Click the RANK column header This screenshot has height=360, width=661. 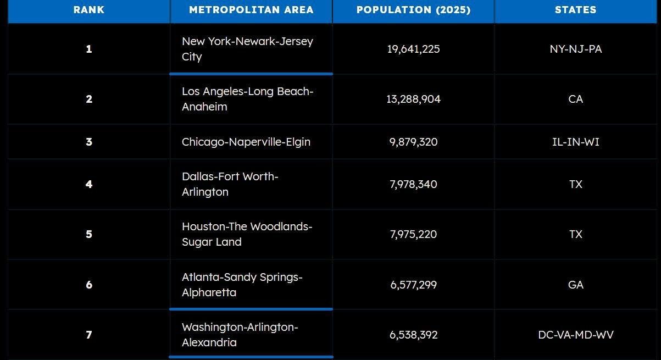tap(89, 10)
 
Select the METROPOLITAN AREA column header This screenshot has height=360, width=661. tap(251, 10)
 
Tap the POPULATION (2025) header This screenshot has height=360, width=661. tap(413, 10)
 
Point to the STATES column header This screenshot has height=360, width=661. tap(575, 10)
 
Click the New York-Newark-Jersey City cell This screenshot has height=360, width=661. tap(247, 49)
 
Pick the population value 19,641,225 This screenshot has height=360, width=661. tap(413, 49)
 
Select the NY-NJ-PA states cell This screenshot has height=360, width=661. tap(575, 49)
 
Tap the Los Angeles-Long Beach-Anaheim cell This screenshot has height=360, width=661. tap(247, 99)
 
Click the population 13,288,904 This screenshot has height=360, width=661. tap(413, 99)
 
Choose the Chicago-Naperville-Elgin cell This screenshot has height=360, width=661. tap(246, 142)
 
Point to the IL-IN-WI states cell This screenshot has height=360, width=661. tap(575, 142)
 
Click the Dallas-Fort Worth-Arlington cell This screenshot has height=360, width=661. tap(230, 184)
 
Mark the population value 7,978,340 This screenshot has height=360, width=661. tap(413, 184)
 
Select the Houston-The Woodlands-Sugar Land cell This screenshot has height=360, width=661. tap(247, 234)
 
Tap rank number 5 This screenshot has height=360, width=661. tap(89, 234)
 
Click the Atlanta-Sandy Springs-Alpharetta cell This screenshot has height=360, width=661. tap(242, 285)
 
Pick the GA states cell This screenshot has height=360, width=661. tap(575, 285)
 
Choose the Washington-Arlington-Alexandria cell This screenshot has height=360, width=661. tap(240, 335)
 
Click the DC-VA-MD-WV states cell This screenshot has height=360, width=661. tap(575, 335)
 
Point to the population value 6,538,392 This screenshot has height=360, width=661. tap(413, 335)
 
